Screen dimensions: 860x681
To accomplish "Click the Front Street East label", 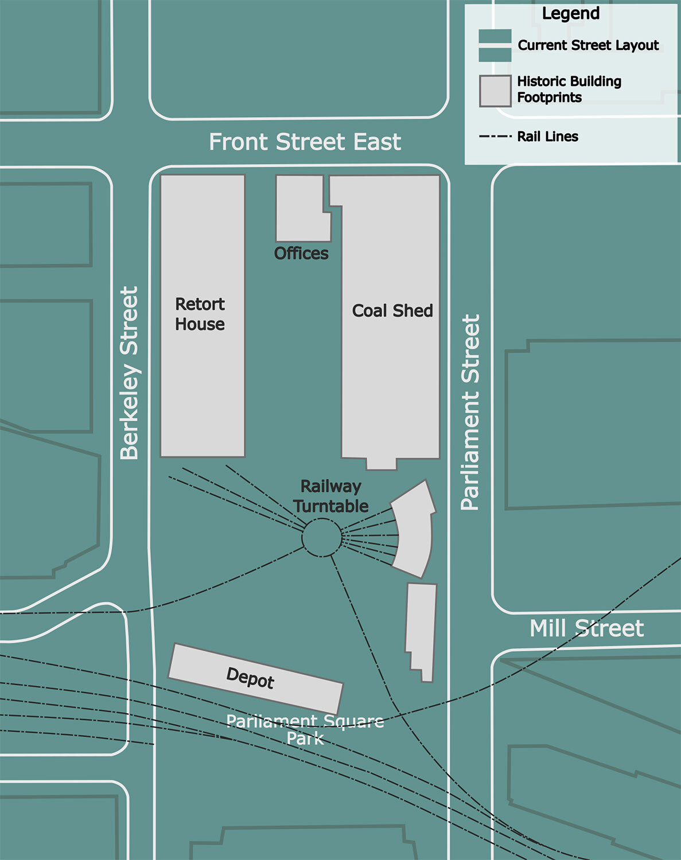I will (x=305, y=142).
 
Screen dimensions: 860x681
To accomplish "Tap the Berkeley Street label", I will (x=129, y=373).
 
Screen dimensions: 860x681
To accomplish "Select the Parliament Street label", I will (x=470, y=412).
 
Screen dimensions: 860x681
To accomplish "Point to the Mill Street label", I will (x=586, y=628).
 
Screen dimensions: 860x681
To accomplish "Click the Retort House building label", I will (x=200, y=314).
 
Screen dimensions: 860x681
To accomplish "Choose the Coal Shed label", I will (x=392, y=311).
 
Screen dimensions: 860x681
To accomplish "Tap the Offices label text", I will (x=301, y=253).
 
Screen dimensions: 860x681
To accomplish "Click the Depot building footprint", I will (x=255, y=678).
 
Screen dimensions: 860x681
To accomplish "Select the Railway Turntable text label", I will (x=330, y=497).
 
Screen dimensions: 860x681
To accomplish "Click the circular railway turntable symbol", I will (x=321, y=537).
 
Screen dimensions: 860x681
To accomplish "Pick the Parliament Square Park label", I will (x=305, y=729).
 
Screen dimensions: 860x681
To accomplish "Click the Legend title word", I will (x=570, y=14).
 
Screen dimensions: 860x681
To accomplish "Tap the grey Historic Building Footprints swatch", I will (x=495, y=91).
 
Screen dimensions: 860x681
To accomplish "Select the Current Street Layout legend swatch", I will (x=495, y=45).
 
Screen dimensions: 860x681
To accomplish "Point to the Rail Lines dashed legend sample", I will (x=495, y=136).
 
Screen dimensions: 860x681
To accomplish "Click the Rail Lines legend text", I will (x=547, y=136).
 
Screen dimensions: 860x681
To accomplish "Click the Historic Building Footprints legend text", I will (x=569, y=89).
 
